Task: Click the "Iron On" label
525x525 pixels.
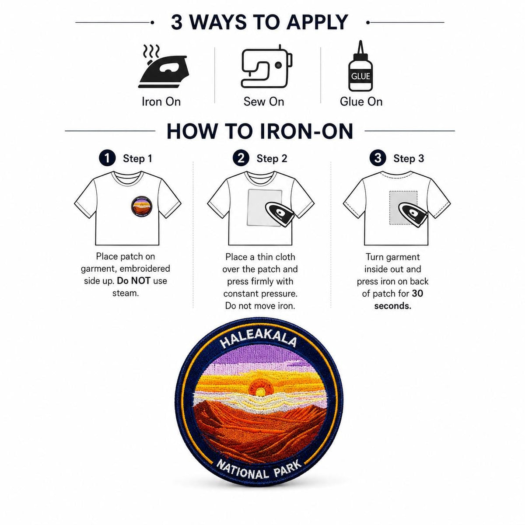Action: click(x=161, y=102)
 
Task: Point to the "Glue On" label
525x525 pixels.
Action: click(x=361, y=102)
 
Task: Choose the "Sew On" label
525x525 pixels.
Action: click(x=264, y=102)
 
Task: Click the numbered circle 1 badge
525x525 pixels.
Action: click(x=107, y=158)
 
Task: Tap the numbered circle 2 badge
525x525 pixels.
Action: click(x=241, y=158)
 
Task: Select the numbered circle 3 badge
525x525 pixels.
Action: click(x=378, y=158)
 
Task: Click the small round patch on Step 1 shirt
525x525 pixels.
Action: click(x=141, y=206)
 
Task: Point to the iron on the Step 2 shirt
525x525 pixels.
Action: click(x=280, y=214)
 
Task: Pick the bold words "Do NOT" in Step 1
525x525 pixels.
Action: click(x=133, y=281)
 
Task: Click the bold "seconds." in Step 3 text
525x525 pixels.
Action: click(x=392, y=306)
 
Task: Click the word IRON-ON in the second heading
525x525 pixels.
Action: click(x=307, y=131)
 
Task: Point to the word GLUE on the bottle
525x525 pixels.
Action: click(x=360, y=76)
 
